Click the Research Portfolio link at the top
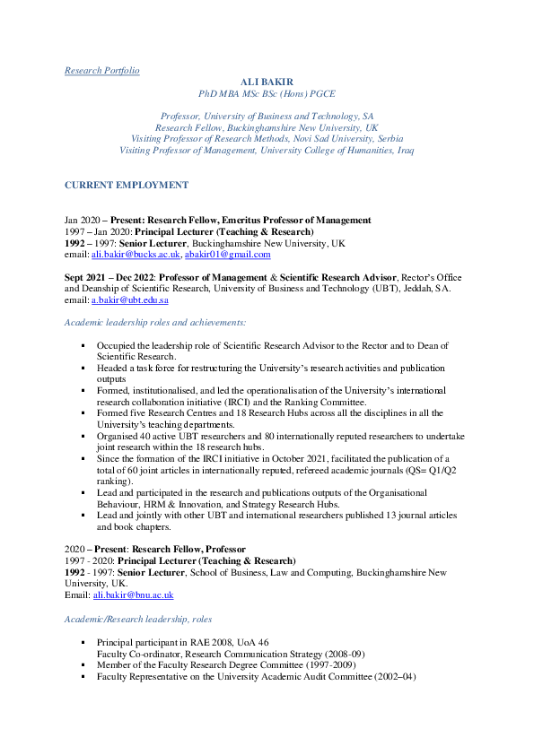click(101, 70)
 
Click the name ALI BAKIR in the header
click(267, 81)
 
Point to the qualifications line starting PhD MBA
click(267, 92)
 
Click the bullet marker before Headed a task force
click(82, 368)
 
